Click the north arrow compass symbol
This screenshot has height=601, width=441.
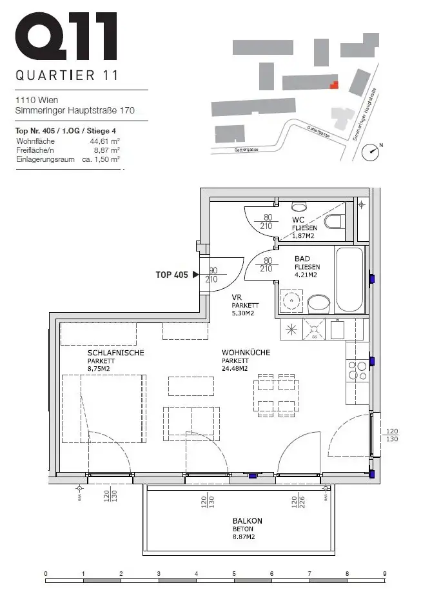click(371, 152)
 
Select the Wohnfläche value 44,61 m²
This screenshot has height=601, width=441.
click(106, 141)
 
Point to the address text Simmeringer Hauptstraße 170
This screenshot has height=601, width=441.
click(75, 111)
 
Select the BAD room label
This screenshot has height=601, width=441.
click(302, 259)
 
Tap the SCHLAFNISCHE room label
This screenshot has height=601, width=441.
click(115, 353)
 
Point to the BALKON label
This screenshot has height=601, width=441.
click(248, 520)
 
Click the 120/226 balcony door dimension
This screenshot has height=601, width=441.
click(298, 500)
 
